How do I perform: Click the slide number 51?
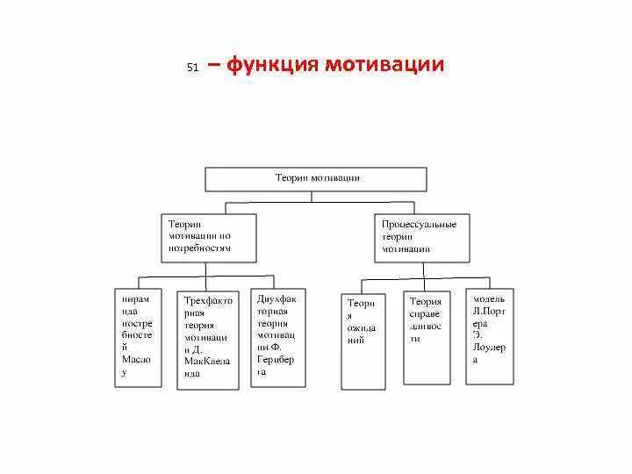(x=193, y=68)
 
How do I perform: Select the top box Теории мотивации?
(x=316, y=179)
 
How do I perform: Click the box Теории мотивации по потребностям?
(x=209, y=237)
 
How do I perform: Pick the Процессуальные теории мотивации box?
(x=422, y=237)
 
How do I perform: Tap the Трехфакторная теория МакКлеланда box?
(x=207, y=340)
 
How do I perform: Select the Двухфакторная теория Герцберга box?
(x=278, y=337)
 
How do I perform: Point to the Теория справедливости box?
(x=427, y=337)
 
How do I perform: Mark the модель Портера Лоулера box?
(x=490, y=335)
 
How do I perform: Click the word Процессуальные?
(x=419, y=225)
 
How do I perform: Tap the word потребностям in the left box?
(x=200, y=248)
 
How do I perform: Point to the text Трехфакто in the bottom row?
(x=208, y=300)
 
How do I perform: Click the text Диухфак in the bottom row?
(x=277, y=298)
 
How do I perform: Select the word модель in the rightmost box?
(x=489, y=299)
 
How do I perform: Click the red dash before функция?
(x=215, y=65)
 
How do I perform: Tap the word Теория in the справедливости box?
(x=425, y=301)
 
